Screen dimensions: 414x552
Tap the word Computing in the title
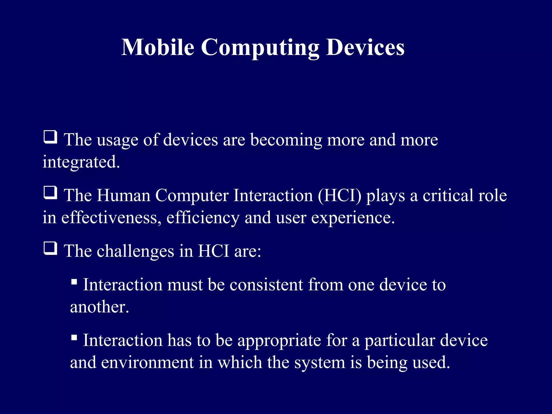pyautogui.click(x=260, y=48)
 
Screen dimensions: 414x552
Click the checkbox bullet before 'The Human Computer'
pyautogui.click(x=50, y=193)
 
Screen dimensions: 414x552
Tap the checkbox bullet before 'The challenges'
pyautogui.click(x=50, y=248)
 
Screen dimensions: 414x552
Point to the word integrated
pyautogui.click(x=81, y=162)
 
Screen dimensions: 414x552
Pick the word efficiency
pyautogui.click(x=203, y=218)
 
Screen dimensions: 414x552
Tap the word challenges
pyautogui.click(x=135, y=251)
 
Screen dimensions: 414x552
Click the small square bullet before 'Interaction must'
pyautogui.click(x=74, y=282)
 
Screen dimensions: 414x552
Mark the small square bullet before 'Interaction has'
pyautogui.click(x=74, y=337)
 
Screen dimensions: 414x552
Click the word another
pyautogui.click(x=99, y=307)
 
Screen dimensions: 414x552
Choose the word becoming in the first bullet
pyautogui.click(x=286, y=140)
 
